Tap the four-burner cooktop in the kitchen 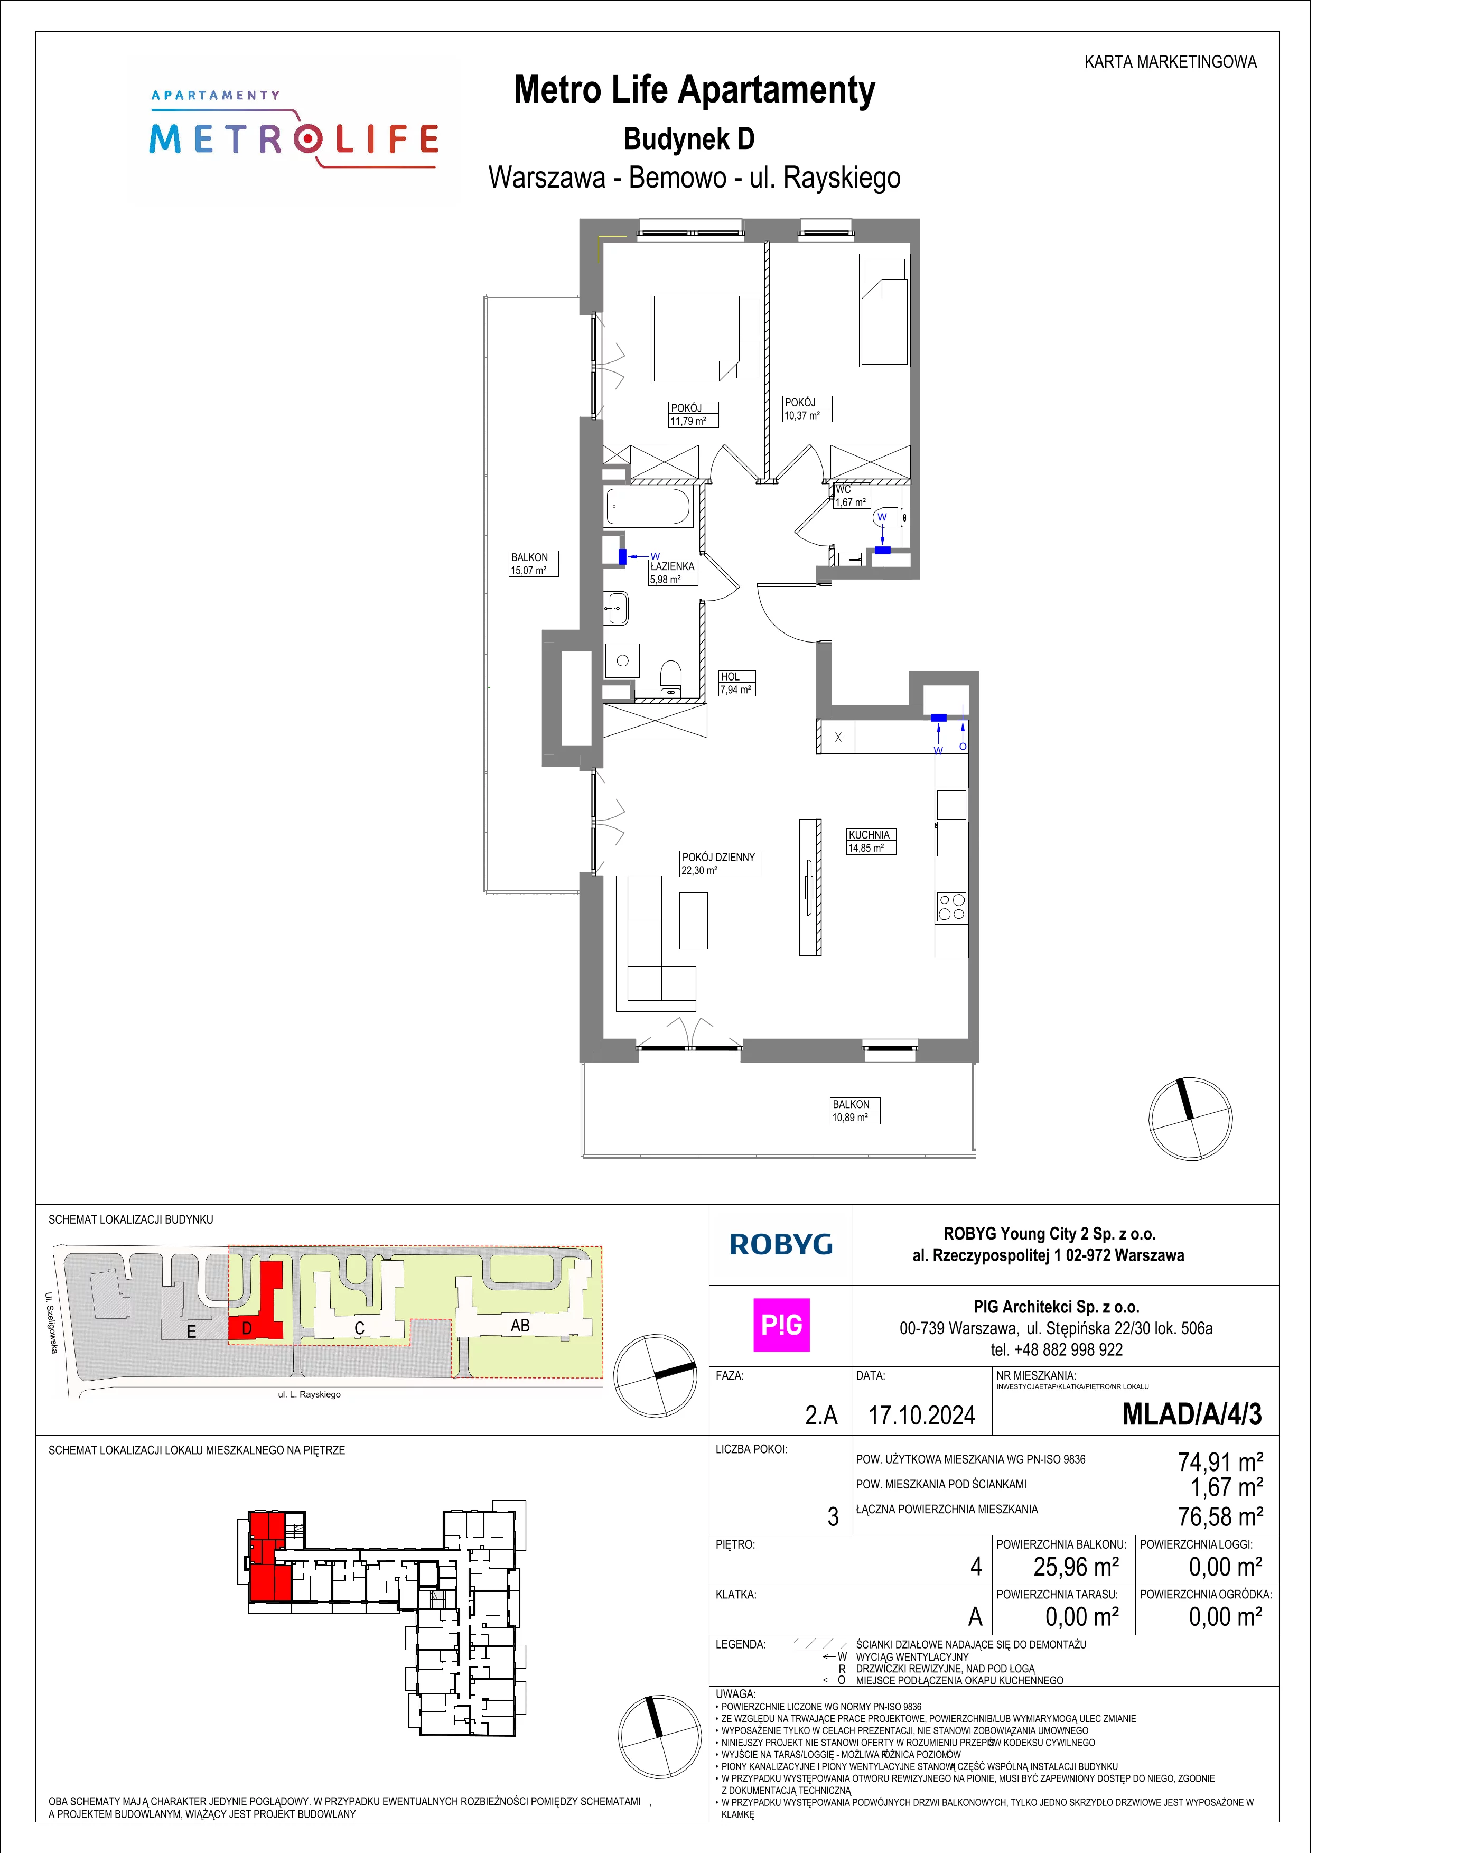pos(952,907)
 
